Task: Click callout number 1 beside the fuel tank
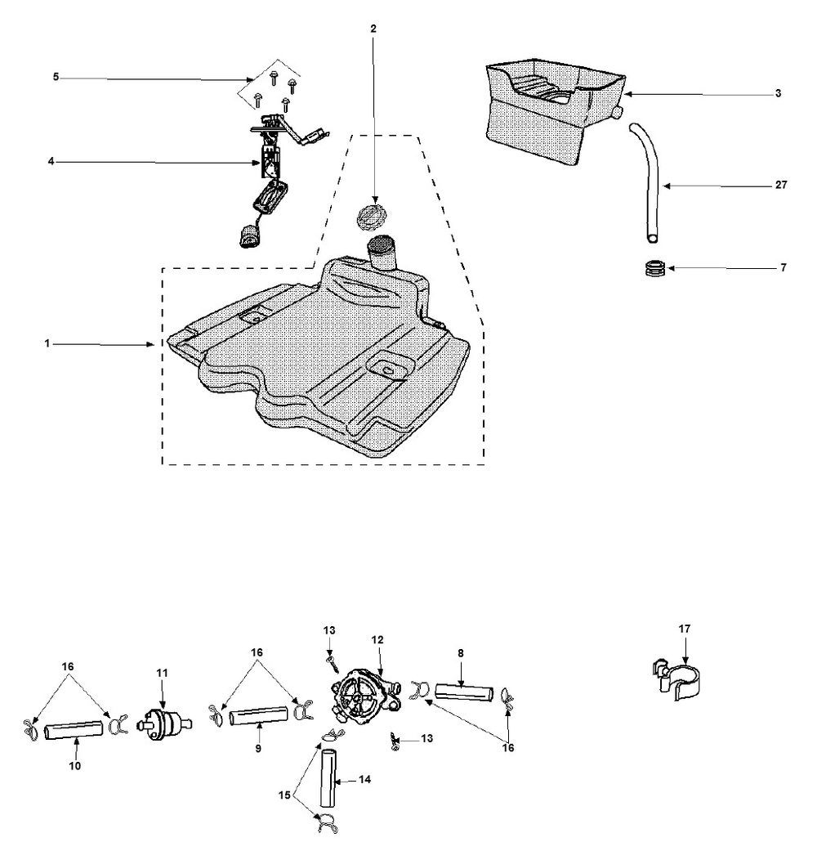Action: [48, 345]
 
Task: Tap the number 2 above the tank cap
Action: [373, 29]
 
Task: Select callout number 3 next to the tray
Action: [778, 93]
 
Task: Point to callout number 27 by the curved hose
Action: [781, 186]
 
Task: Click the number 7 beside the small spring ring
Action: [783, 267]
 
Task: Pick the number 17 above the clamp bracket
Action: [684, 629]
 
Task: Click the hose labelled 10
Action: [76, 728]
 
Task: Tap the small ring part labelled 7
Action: [655, 269]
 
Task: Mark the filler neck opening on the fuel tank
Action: [381, 244]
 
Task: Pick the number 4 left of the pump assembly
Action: [51, 161]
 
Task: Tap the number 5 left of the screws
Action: [56, 77]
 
